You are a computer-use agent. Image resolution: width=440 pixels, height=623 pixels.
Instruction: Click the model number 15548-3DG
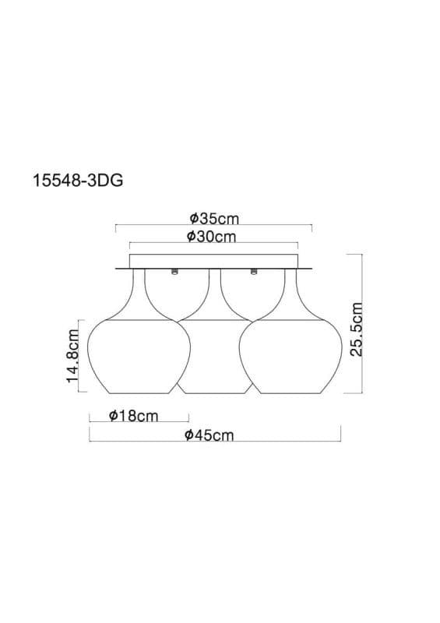point(78,181)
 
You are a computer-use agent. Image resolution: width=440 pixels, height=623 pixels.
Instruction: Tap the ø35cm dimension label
point(214,218)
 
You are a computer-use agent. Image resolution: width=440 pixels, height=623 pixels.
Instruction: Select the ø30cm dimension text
point(212,237)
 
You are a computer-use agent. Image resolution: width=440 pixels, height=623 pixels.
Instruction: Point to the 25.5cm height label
point(357,329)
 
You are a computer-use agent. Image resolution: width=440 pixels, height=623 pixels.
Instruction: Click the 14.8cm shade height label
point(72,355)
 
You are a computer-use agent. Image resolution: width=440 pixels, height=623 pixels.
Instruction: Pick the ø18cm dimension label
point(133,416)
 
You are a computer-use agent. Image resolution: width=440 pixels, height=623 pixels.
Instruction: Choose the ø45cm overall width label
point(209,435)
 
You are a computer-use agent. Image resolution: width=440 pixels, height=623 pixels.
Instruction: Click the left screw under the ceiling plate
point(174,272)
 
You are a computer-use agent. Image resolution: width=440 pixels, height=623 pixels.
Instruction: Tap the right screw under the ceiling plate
point(254,272)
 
